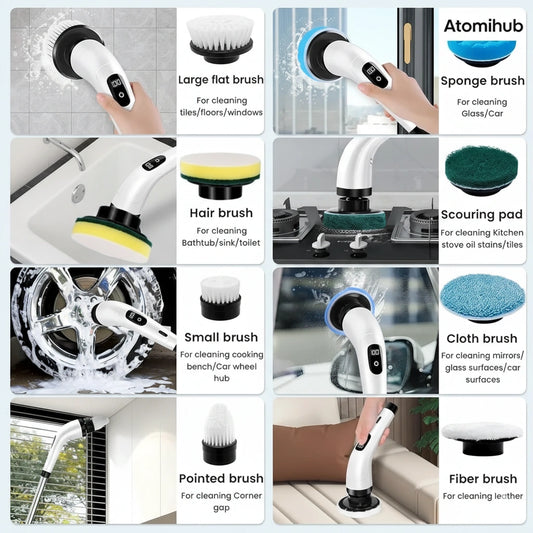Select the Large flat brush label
(x=220, y=79)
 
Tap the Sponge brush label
(x=482, y=81)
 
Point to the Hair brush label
(x=220, y=212)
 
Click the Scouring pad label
(x=482, y=214)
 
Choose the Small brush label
(x=220, y=337)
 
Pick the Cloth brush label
(x=482, y=338)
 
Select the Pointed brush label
(x=220, y=478)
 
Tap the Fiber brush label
(x=482, y=479)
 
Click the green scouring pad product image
(x=482, y=172)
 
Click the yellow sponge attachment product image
(x=220, y=170)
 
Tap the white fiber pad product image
(x=482, y=433)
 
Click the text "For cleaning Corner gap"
(x=220, y=502)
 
